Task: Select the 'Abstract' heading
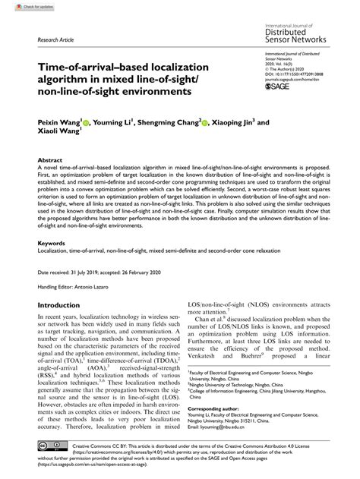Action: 50,160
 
